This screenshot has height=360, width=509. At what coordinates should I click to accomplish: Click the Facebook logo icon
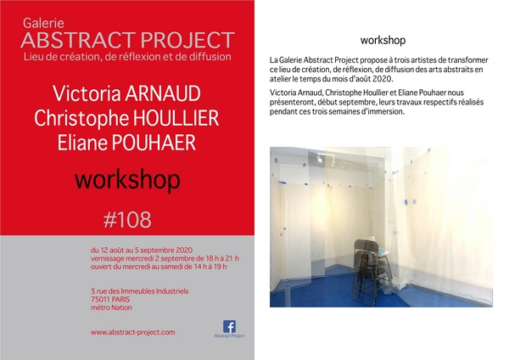coord(229,326)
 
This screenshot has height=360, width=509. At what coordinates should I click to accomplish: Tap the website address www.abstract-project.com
coord(133,332)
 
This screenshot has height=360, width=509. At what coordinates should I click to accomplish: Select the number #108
coord(127,220)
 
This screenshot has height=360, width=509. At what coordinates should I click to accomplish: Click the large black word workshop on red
coord(127,180)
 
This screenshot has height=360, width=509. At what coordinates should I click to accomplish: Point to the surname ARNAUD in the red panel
coord(163,93)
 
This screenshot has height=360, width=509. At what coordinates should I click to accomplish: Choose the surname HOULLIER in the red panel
coord(176,118)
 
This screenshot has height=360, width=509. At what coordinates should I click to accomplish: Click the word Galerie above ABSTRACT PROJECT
coord(43,23)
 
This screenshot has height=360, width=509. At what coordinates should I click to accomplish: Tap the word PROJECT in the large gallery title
coord(187,40)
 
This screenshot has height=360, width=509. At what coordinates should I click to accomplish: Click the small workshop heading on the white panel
coord(383,40)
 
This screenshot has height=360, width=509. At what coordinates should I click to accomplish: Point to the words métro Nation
coord(111,307)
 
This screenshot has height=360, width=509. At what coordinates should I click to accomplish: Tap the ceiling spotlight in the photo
coord(320,159)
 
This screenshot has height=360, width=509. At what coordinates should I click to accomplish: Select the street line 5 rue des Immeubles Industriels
coord(140,291)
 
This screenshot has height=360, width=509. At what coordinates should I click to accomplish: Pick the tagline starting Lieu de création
coord(127,57)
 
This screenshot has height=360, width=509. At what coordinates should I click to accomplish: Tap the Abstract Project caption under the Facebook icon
coord(229,335)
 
